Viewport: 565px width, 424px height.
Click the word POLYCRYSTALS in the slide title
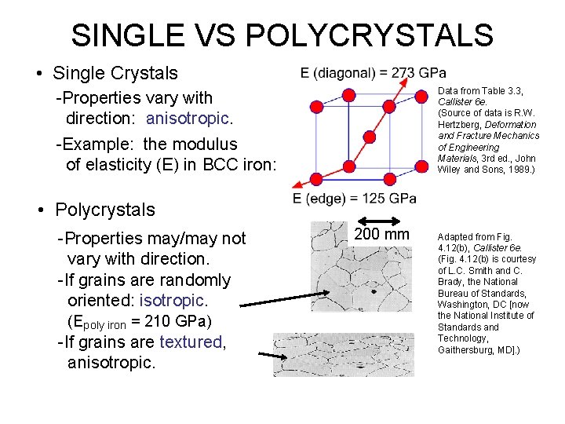pyautogui.click(x=370, y=35)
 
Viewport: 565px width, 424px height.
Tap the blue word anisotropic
pyautogui.click(x=188, y=119)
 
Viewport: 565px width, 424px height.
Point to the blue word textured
pyautogui.click(x=191, y=342)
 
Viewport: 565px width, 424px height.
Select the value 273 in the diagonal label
pyautogui.click(x=402, y=73)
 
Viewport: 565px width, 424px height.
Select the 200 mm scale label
pyautogui.click(x=381, y=235)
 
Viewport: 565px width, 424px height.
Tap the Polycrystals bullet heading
pyautogui.click(x=105, y=210)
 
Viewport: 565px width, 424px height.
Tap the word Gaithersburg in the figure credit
pyautogui.click(x=465, y=349)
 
